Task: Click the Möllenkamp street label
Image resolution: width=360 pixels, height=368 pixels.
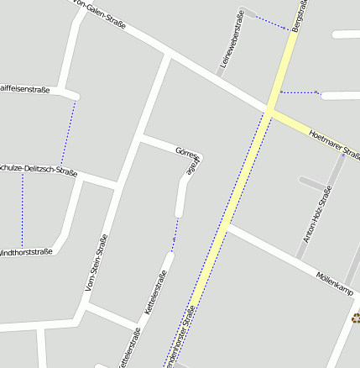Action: click(x=335, y=282)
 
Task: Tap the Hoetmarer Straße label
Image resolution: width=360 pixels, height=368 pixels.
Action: click(x=334, y=144)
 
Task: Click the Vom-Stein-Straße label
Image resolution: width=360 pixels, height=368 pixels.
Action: click(x=97, y=263)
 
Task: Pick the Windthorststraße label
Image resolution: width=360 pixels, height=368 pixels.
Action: click(x=25, y=251)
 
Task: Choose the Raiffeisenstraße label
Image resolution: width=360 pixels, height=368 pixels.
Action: click(x=24, y=89)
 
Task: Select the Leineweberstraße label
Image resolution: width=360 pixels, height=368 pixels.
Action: click(x=231, y=39)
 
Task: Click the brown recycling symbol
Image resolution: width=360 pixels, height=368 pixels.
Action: click(x=356, y=318)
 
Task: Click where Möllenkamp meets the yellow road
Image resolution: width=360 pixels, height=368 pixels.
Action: click(x=226, y=226)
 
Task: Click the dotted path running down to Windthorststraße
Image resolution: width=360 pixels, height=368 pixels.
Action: click(x=22, y=202)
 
